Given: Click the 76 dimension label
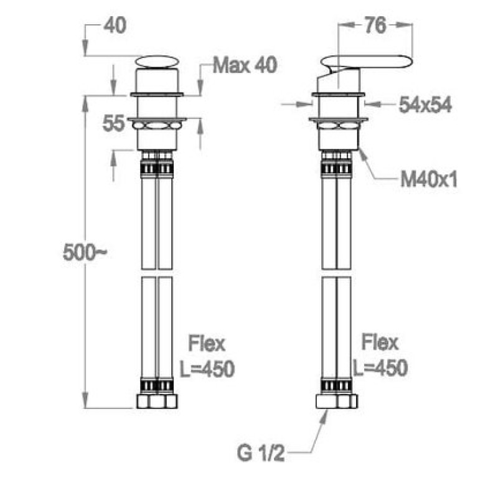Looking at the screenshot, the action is click(x=375, y=26).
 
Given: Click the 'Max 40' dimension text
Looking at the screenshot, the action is click(x=245, y=65).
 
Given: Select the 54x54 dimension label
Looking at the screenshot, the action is click(x=425, y=105).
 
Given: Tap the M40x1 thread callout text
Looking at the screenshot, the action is click(x=429, y=180).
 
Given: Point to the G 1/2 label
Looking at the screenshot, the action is click(x=261, y=453).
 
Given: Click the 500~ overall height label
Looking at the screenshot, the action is click(x=85, y=253).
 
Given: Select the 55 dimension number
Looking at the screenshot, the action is click(x=113, y=123).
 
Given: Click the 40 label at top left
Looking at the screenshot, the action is click(x=115, y=26).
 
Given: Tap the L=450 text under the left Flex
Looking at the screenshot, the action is click(x=207, y=369).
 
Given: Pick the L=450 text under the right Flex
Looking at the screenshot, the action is click(x=380, y=368).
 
